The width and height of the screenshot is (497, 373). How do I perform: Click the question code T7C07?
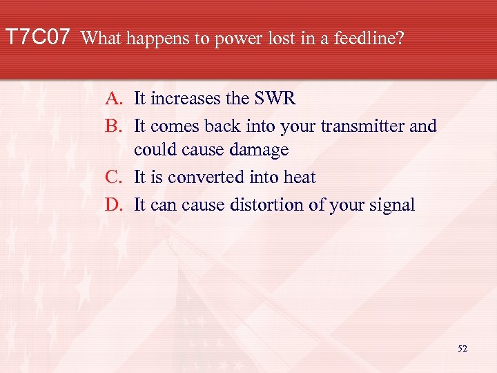click(x=37, y=37)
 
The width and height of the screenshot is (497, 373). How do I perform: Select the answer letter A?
click(x=114, y=99)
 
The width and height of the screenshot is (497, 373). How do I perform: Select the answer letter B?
click(x=114, y=126)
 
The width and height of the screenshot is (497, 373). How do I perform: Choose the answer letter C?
click(x=114, y=178)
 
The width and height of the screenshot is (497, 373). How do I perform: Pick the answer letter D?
click(x=114, y=205)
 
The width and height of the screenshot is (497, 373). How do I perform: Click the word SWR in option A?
click(x=275, y=99)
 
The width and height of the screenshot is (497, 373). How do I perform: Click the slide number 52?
click(x=462, y=350)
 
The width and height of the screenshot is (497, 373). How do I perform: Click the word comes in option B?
click(x=173, y=126)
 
